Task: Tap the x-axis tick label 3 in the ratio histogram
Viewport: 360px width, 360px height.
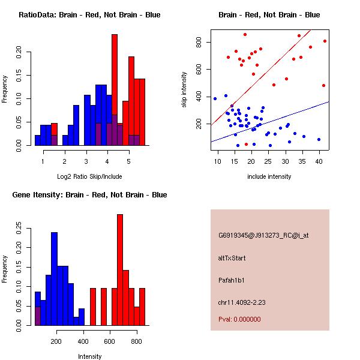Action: tap(86, 162)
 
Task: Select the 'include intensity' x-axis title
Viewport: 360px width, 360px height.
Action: tap(269, 176)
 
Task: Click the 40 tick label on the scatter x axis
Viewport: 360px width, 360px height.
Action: tap(319, 161)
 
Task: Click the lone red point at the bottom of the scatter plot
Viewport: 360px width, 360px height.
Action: tap(246, 144)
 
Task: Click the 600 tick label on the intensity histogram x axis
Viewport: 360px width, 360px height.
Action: tap(110, 341)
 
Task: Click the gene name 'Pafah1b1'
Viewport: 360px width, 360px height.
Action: tap(232, 280)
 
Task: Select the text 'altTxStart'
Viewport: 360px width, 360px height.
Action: tap(232, 258)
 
